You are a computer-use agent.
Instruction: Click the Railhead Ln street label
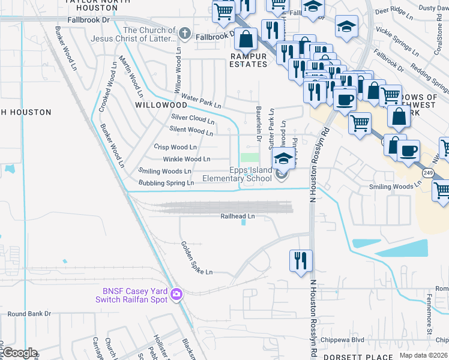point(237,216)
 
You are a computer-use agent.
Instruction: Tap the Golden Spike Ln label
point(197,258)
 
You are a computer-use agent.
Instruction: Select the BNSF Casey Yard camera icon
point(176,294)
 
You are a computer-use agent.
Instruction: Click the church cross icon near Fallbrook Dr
point(186,35)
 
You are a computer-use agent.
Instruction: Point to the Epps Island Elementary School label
point(237,174)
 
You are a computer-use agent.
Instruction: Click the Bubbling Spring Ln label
point(166,182)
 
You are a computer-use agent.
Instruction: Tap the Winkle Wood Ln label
point(187,159)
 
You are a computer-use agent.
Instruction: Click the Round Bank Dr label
point(29,313)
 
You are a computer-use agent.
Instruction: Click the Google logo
point(19,353)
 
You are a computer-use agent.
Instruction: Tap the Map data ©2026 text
point(423,355)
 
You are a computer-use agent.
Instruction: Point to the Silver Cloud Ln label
point(193,119)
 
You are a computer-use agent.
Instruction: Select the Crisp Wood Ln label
point(175,147)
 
